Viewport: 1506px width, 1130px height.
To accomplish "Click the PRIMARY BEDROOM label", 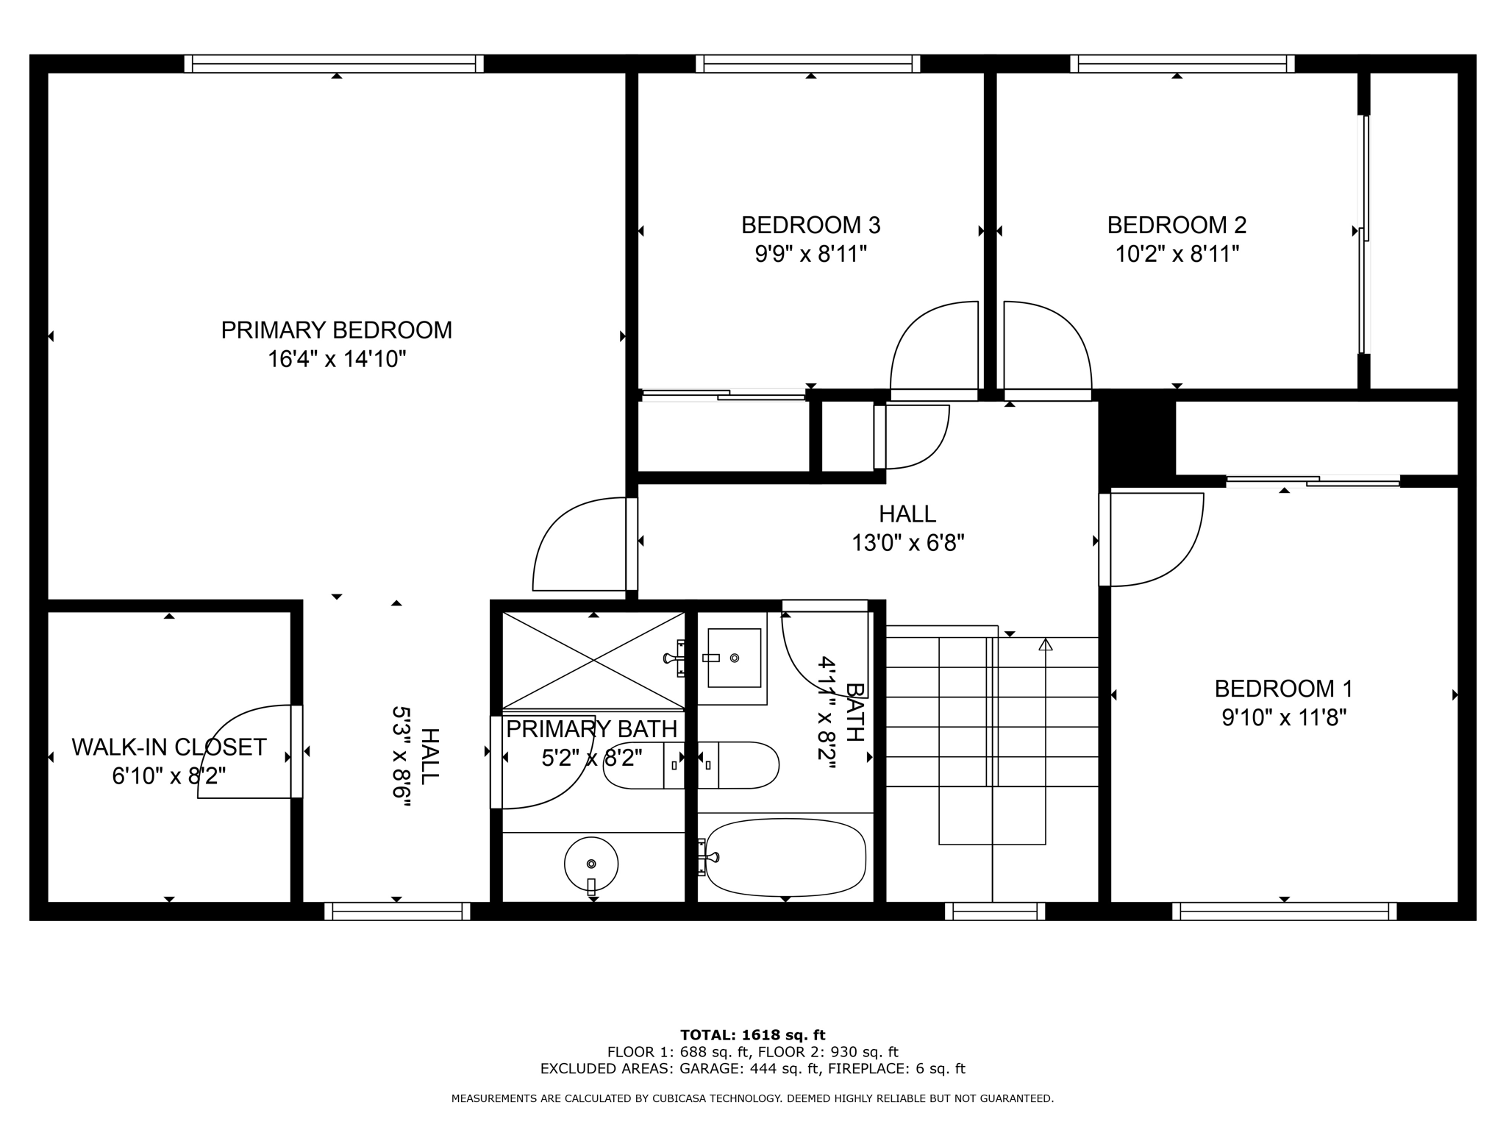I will (336, 330).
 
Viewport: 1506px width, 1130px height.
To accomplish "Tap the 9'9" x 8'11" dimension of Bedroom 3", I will (810, 255).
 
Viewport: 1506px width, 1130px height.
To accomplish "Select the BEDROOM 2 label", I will (1177, 224).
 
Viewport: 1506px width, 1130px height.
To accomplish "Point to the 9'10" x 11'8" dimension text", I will (1283, 718).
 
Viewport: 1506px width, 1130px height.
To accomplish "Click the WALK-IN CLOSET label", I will (168, 747).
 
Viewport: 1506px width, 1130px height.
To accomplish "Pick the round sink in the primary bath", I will (590, 864).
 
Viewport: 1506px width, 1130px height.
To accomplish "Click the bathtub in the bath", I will (785, 858).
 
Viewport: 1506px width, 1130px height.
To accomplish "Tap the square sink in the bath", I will (733, 658).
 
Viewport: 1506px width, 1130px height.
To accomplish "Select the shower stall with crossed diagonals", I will (593, 661).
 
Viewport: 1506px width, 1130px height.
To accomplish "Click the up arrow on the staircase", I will (1045, 645).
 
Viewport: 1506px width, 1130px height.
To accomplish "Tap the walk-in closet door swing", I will (246, 750).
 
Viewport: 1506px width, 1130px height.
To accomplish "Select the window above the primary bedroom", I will (334, 64).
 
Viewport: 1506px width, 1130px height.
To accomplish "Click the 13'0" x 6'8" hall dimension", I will (907, 544).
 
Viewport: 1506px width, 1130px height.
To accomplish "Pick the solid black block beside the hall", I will (1137, 438).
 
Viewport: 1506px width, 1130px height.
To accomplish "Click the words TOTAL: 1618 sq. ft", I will (752, 1035).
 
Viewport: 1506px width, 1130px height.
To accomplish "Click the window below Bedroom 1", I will (1284, 912).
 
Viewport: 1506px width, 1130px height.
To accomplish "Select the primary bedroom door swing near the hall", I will (581, 544).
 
